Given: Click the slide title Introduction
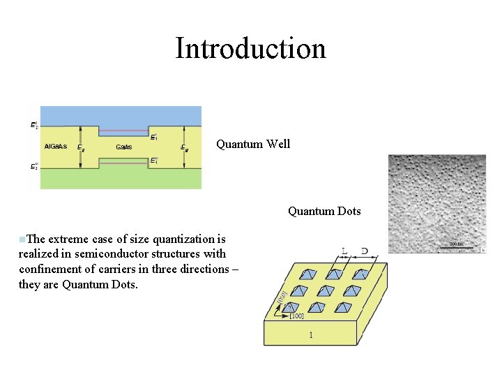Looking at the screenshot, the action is (x=250, y=49).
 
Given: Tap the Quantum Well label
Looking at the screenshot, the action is (x=253, y=145).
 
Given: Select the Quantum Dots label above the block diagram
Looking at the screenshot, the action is (x=324, y=211).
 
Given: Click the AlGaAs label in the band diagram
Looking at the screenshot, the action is (x=56, y=147).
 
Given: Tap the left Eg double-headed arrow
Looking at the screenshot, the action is (x=82, y=147).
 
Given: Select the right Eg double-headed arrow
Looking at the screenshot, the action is (x=183, y=147).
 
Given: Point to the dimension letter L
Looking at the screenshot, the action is (x=344, y=251).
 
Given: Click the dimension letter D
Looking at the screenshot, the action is (x=365, y=251).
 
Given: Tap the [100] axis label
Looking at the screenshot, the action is (x=296, y=316).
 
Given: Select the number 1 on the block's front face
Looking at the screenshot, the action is (x=311, y=335).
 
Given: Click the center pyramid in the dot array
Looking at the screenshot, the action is (x=326, y=291).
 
